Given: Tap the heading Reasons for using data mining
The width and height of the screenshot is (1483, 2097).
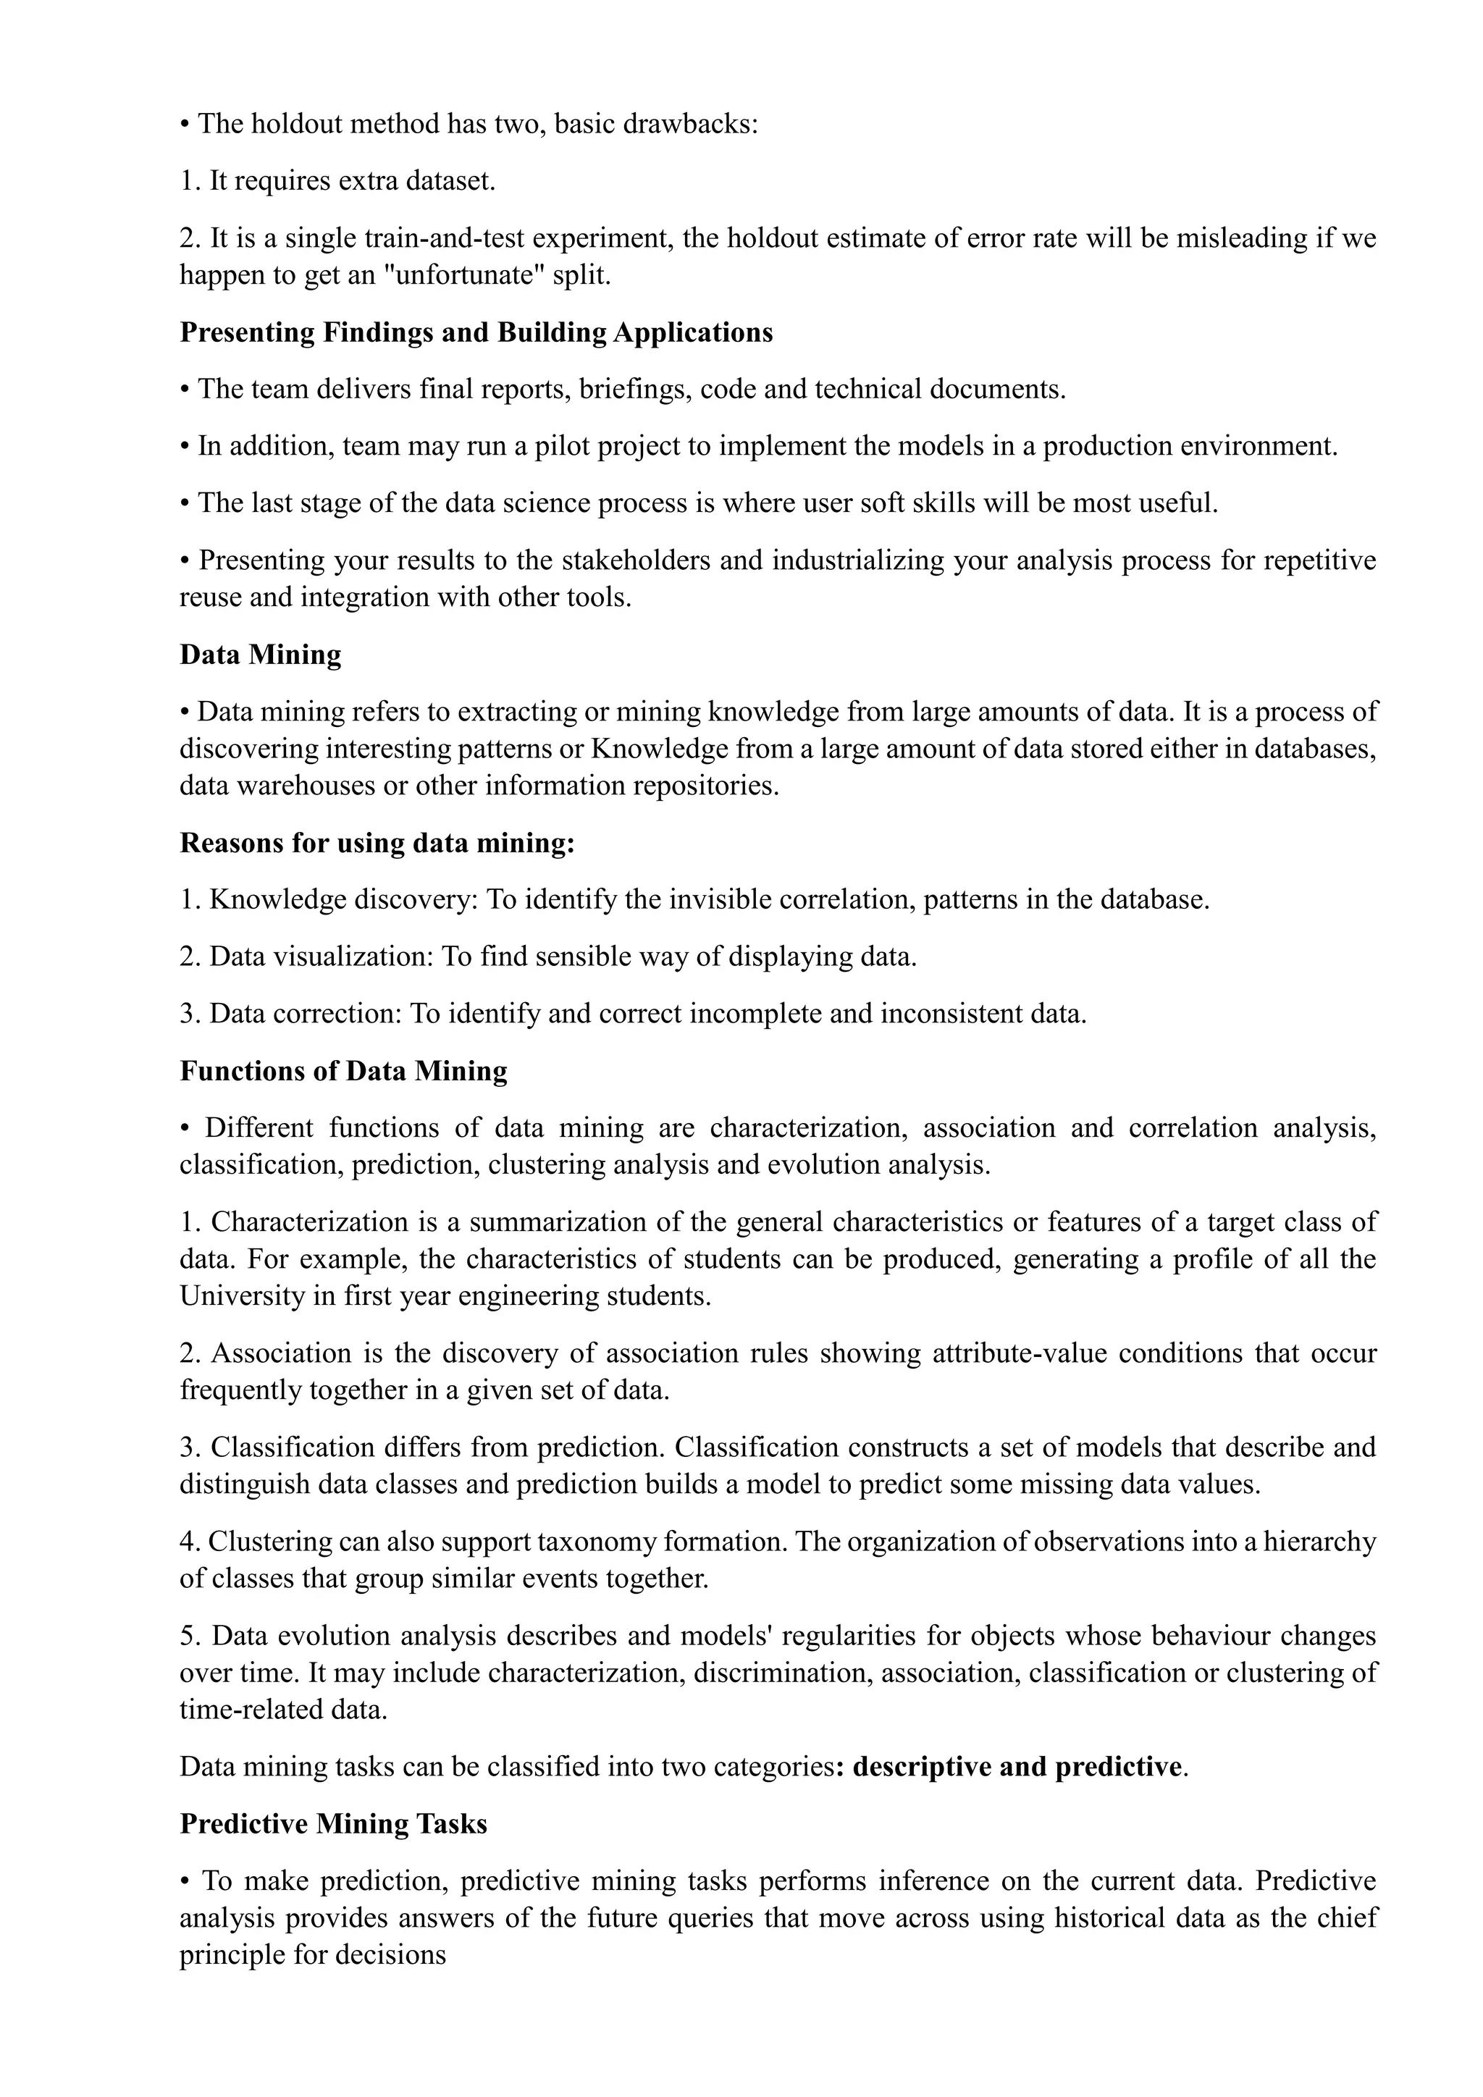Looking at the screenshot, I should point(377,843).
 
